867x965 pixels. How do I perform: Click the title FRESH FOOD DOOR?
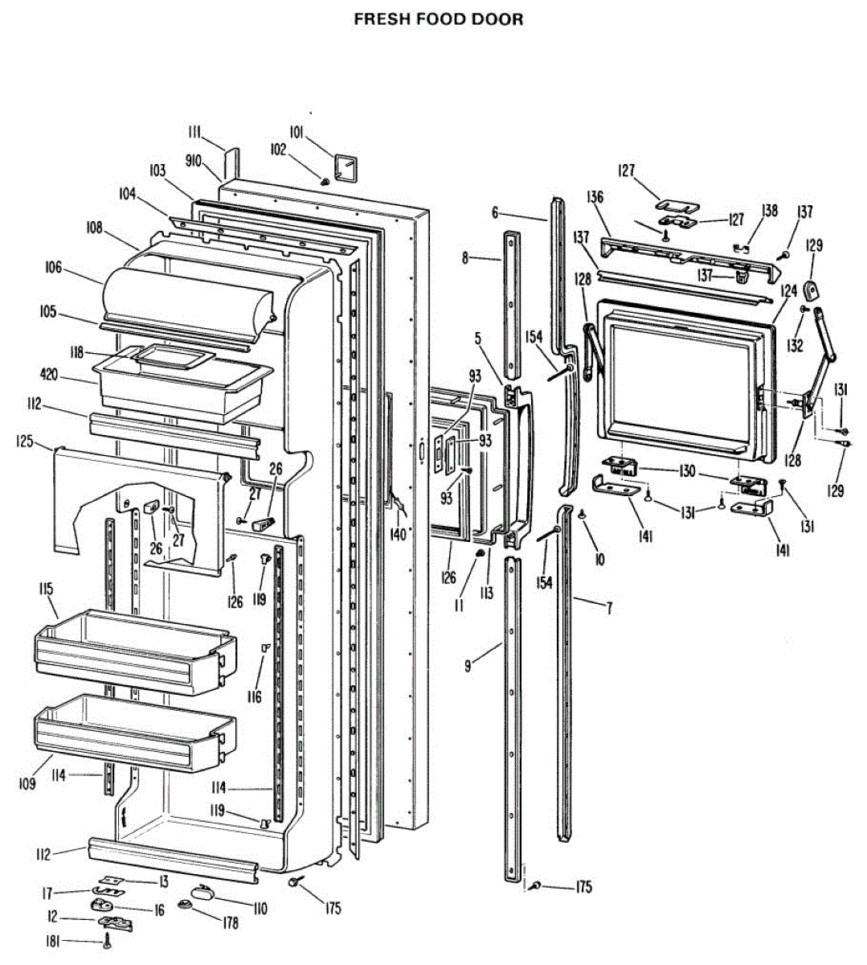point(438,19)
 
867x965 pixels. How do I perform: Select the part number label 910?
point(193,161)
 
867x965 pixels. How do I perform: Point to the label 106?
point(53,268)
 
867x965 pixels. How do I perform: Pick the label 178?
point(231,924)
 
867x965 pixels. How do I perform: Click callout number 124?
point(788,289)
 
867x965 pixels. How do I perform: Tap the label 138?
point(770,211)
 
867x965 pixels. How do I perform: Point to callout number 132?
point(795,346)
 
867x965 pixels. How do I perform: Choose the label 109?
point(27,782)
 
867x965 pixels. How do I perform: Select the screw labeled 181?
point(107,944)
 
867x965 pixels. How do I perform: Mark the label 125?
point(25,441)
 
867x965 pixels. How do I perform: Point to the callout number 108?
point(95,228)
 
